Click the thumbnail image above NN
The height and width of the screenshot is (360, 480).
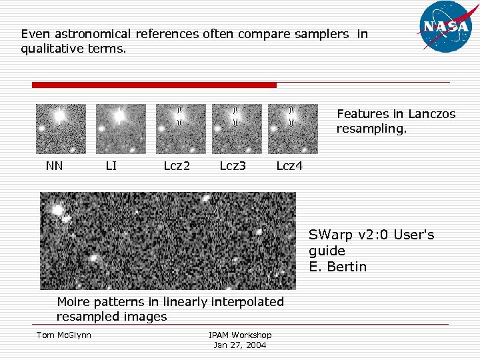coord(61,129)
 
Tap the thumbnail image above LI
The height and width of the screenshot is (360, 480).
coord(121,129)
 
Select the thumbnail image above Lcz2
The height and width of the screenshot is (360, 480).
coord(181,129)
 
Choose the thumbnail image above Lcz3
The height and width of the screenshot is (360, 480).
coord(237,129)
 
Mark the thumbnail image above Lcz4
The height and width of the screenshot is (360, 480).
coord(293,129)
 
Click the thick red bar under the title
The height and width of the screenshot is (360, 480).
coord(154,85)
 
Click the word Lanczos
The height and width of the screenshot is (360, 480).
coord(432,114)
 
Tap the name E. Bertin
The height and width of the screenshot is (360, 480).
coord(337,267)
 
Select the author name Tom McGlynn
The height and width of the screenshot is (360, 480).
coord(63,335)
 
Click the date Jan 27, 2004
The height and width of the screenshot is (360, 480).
coord(239,345)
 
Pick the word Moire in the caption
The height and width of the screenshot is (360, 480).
coord(75,302)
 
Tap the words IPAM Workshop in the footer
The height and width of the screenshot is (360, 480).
coord(240,335)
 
